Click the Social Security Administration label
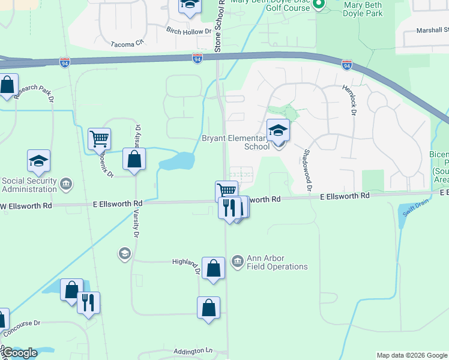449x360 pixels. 29,185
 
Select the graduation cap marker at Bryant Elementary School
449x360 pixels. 278,130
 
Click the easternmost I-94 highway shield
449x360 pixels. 346,65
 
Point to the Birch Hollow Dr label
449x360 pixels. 189,31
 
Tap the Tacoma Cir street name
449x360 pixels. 128,43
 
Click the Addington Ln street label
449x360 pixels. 193,350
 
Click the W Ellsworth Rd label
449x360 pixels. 26,205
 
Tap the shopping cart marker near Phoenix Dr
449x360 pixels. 99,139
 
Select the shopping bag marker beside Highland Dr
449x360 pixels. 213,269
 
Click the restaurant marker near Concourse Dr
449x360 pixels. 88,303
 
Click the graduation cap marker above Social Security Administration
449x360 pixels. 38,161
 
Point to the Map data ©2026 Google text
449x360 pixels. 411,355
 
